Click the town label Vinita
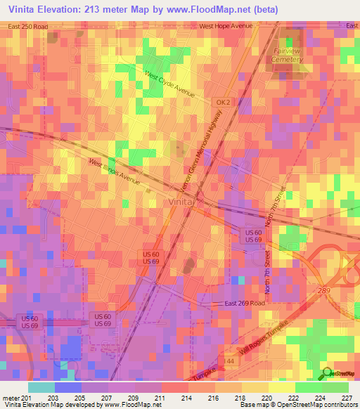pyautogui.click(x=181, y=202)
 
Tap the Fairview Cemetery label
pyautogui.click(x=288, y=55)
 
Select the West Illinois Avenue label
pyautogui.click(x=115, y=172)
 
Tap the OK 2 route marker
pyautogui.click(x=223, y=102)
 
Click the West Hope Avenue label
pyautogui.click(x=225, y=26)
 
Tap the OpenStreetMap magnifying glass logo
pyautogui.click(x=326, y=374)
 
